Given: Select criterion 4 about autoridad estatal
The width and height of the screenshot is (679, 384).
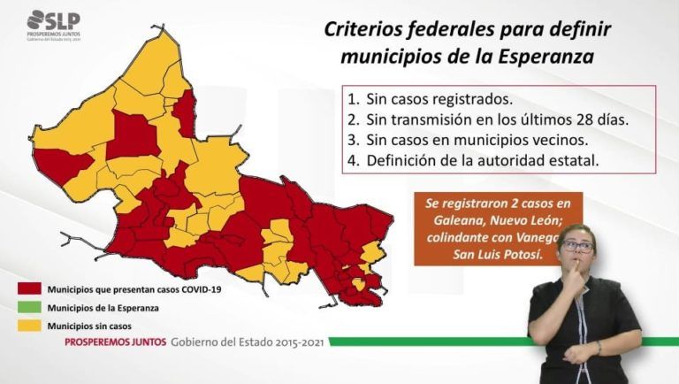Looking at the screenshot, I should click(473, 161).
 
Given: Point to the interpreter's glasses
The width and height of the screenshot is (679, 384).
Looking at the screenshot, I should click(576, 246).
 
